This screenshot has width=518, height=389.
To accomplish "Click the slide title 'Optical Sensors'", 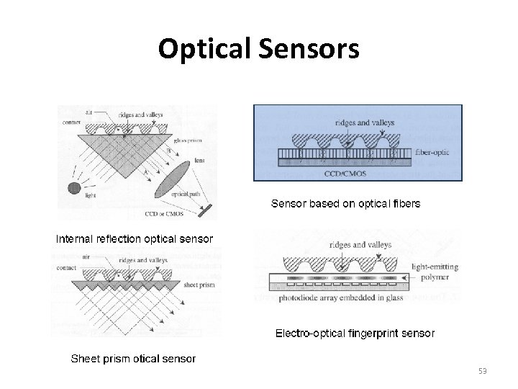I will tap(258, 49).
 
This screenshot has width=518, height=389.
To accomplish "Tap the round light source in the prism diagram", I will tap(73, 189).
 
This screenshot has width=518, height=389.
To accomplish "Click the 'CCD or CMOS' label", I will tap(160, 213).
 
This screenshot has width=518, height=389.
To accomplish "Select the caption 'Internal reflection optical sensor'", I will tap(135, 238).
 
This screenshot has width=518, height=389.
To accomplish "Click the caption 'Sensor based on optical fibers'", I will tap(345, 204).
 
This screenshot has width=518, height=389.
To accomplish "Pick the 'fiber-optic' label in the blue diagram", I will tap(435, 153).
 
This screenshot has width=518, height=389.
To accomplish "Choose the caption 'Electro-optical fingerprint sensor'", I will tap(355, 334).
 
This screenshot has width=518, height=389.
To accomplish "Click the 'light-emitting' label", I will tap(435, 267).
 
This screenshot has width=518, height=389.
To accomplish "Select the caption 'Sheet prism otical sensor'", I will tap(132, 358).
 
